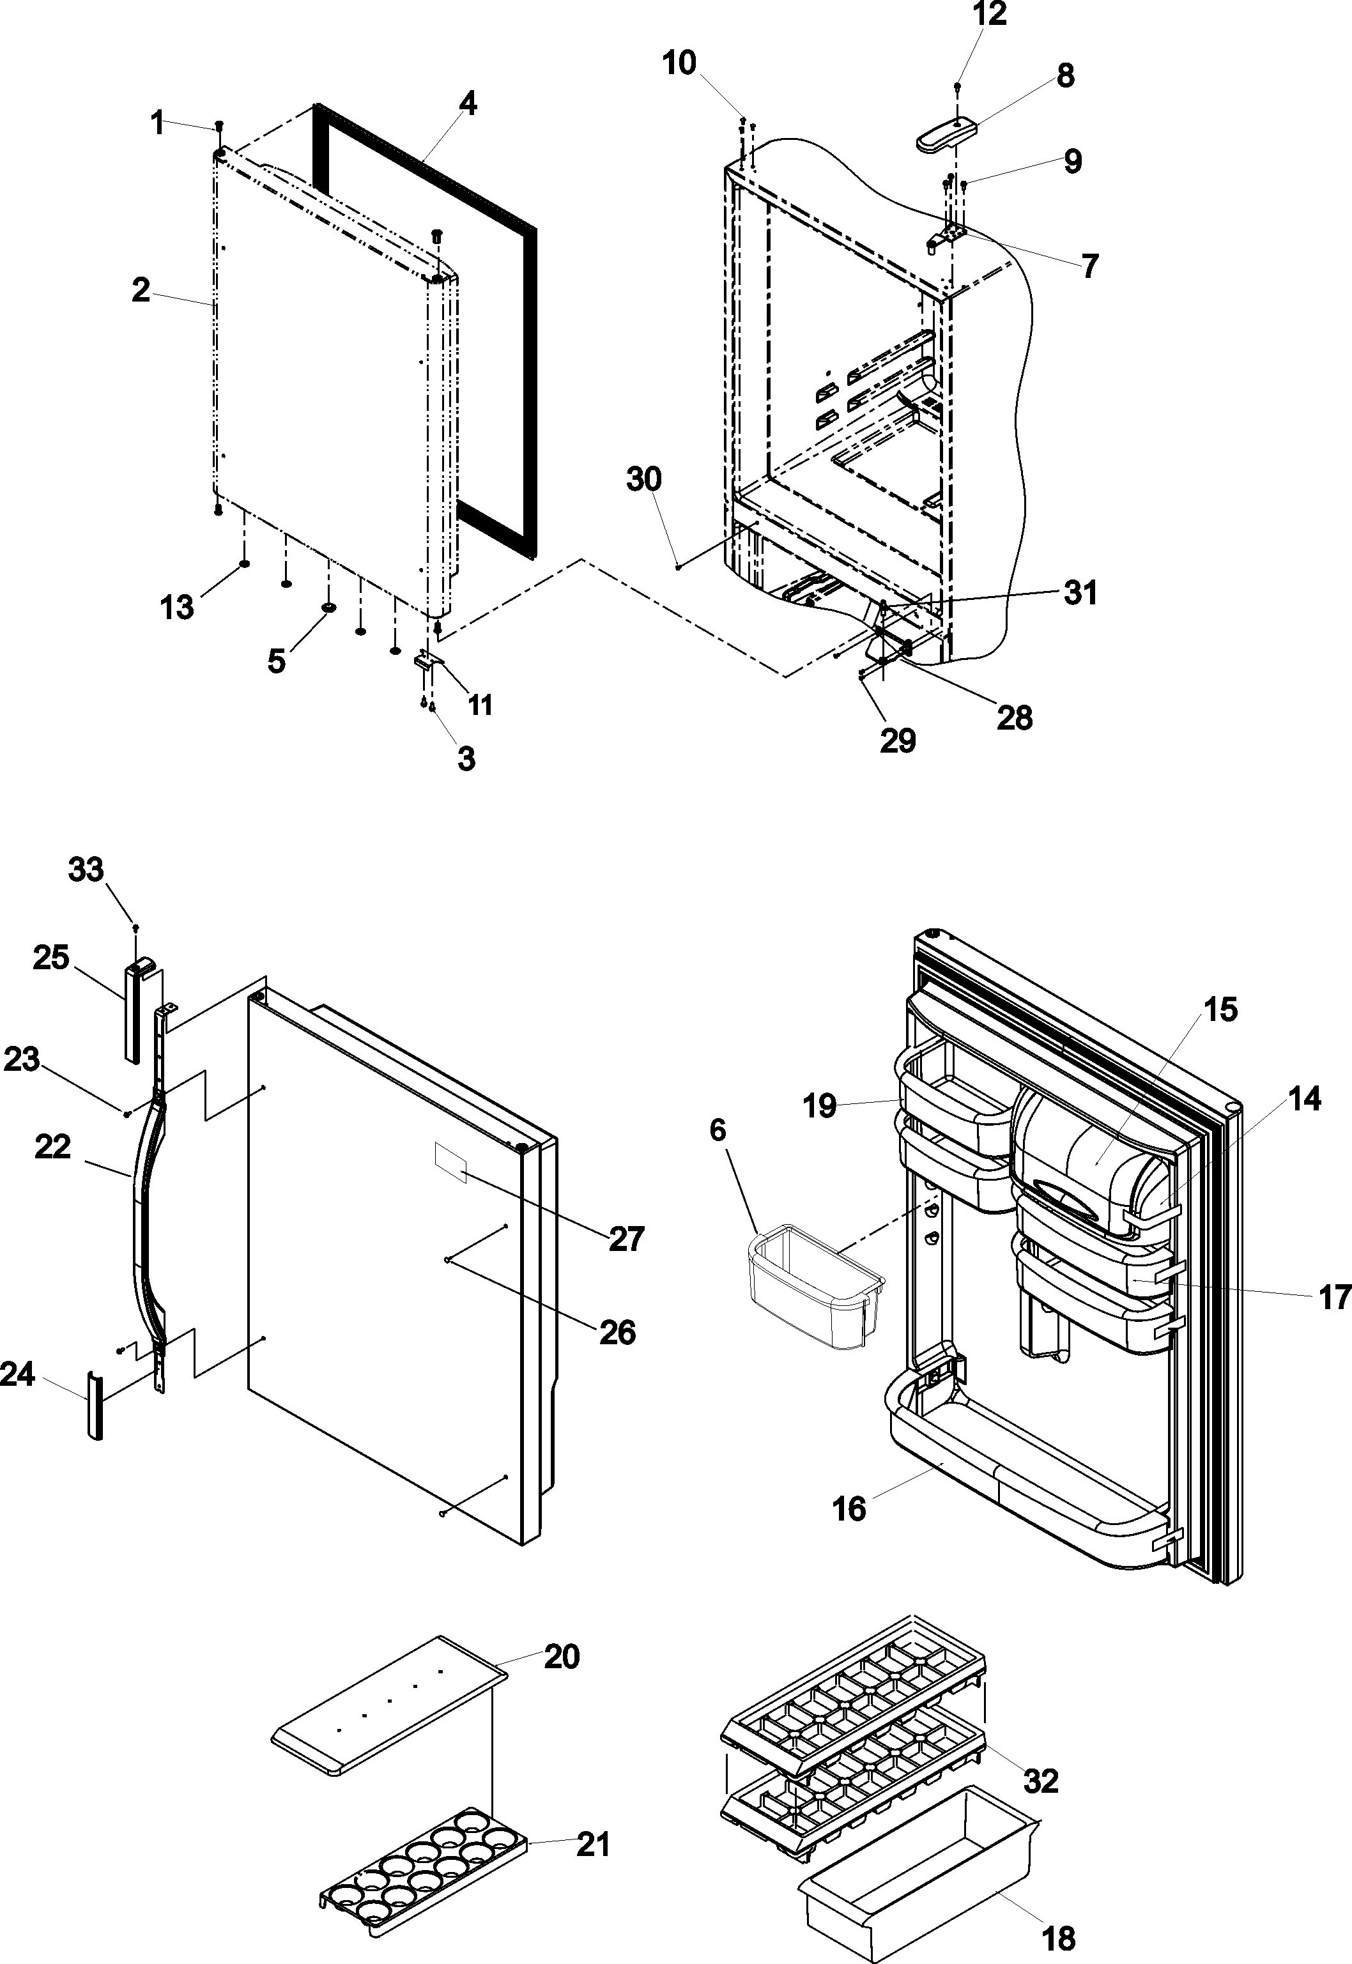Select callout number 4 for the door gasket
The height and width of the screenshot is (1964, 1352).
coord(468,104)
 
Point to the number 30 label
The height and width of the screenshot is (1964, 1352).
coord(644,479)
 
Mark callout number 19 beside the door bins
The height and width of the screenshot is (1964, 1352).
coord(820,1105)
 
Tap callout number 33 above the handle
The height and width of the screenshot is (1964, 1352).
coord(86,870)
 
